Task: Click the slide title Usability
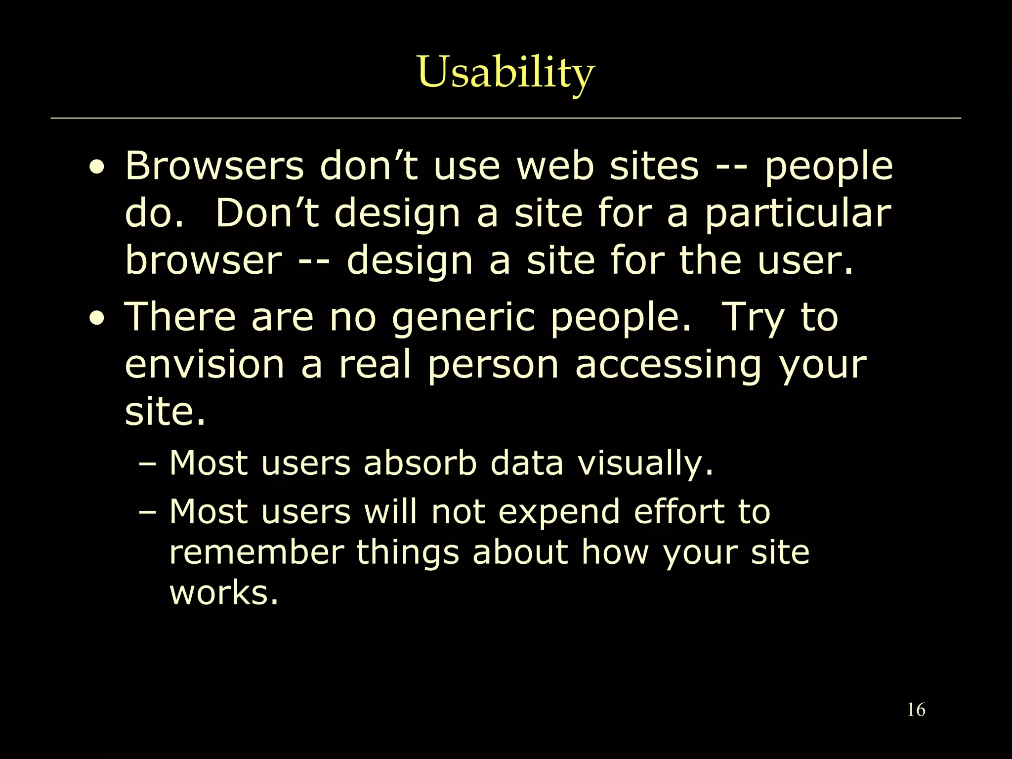point(506,73)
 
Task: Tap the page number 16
point(916,710)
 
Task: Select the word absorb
point(420,464)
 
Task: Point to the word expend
point(559,512)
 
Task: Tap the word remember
point(256,552)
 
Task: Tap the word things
point(408,553)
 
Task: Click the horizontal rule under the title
point(506,119)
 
